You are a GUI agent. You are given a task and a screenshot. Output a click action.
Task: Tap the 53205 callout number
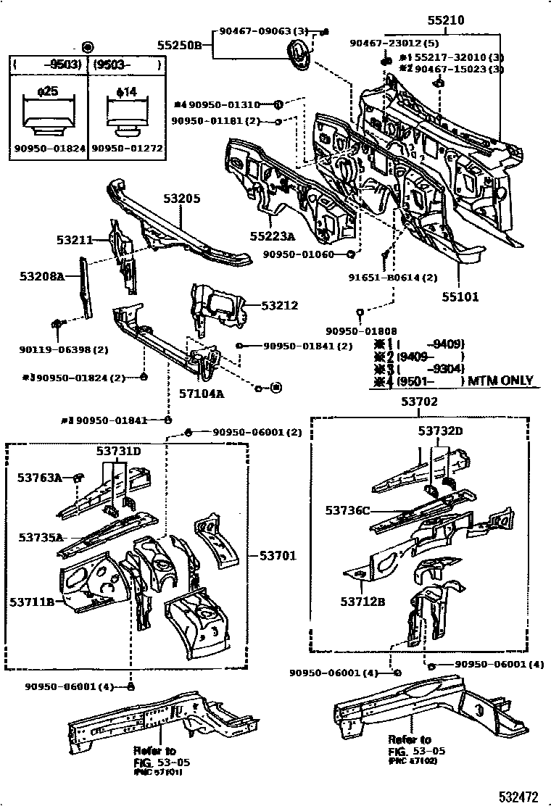(180, 199)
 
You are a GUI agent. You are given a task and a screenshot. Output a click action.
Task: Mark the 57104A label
(202, 394)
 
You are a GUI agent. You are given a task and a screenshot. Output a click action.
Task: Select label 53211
(75, 238)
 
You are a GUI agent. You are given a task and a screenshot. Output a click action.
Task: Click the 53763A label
(40, 477)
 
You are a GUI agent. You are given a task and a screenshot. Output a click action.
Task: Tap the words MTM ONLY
(500, 381)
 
